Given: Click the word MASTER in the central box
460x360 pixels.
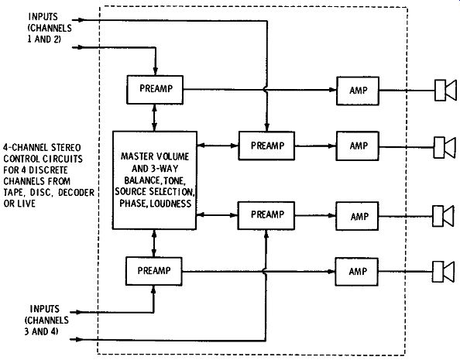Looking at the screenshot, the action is click(136, 156).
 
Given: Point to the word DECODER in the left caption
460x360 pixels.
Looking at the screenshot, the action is click(76, 193).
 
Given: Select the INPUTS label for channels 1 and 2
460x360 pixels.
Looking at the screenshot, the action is click(43, 17).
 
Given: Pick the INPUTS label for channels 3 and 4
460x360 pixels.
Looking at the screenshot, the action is click(45, 309).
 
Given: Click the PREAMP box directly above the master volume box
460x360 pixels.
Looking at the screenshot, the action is click(155, 90).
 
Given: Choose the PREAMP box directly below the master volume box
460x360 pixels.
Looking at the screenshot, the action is click(154, 271).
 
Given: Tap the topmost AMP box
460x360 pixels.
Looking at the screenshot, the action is click(358, 91).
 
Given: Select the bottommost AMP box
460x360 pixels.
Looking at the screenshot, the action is click(356, 272).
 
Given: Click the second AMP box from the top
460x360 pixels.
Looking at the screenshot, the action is click(358, 146).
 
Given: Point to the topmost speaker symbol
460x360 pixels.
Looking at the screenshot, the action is click(445, 90).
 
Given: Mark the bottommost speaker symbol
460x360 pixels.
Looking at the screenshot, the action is click(444, 272).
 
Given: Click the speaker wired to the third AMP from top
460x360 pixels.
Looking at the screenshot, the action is click(444, 216).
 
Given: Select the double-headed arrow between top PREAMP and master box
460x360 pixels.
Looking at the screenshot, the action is click(155, 118).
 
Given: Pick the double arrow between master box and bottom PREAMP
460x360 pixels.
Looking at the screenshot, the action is click(154, 243).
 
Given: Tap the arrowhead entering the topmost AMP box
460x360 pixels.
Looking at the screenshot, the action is click(333, 90).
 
